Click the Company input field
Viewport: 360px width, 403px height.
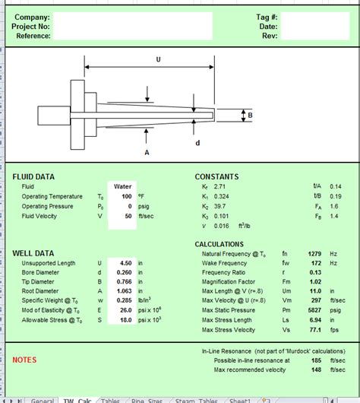coord(132,17)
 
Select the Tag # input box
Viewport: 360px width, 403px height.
coord(317,17)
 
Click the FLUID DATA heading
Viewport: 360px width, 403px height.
coord(33,176)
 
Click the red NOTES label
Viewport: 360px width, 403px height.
coord(24,360)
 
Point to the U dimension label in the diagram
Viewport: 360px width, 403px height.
coord(158,59)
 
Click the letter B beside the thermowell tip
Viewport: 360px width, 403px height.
coord(249,115)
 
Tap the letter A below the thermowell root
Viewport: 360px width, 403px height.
coord(146,152)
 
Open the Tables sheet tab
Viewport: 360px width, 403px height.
coord(110,400)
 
